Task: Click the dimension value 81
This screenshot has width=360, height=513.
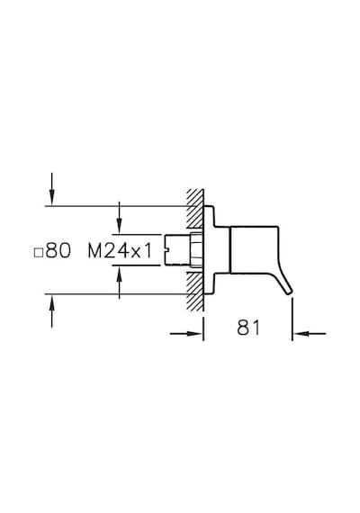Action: click(x=248, y=328)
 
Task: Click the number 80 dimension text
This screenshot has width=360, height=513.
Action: click(x=58, y=251)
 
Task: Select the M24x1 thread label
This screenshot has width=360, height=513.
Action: click(x=120, y=251)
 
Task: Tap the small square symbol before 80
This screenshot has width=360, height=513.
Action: click(x=39, y=253)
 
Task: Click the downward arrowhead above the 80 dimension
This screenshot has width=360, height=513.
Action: click(x=51, y=199)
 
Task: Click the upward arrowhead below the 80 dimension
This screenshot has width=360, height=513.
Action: click(x=51, y=301)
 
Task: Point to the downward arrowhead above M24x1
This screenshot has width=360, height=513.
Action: click(x=120, y=227)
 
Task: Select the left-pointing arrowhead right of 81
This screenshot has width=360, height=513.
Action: click(x=301, y=334)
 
